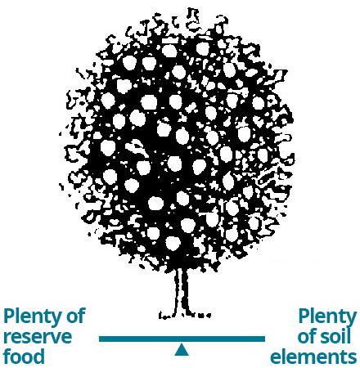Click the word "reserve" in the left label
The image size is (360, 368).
click(x=38, y=337)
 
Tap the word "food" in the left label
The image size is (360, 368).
click(x=24, y=356)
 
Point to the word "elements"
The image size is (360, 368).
click(x=313, y=356)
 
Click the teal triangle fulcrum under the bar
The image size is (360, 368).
click(x=182, y=350)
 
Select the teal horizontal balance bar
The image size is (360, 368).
click(x=182, y=339)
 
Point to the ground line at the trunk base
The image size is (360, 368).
click(x=185, y=316)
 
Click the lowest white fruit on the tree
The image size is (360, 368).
click(x=173, y=243)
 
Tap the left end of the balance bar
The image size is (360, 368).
click(x=100, y=339)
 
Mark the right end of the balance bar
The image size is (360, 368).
click(x=264, y=339)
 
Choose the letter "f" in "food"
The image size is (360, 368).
click(x=7, y=356)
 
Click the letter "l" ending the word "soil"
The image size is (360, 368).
click(x=349, y=335)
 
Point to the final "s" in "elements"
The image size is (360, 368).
click(x=352, y=357)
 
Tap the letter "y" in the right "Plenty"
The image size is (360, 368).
click(x=351, y=320)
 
